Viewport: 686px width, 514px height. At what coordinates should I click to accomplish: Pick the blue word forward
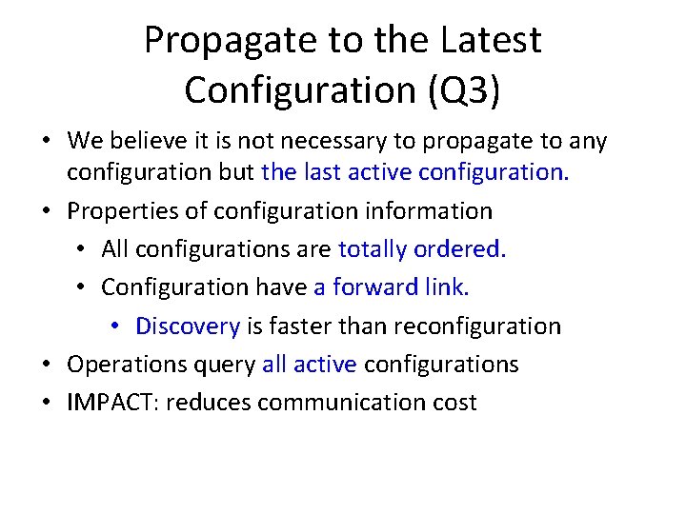point(379,287)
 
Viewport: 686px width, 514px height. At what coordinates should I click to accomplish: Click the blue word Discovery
point(188,326)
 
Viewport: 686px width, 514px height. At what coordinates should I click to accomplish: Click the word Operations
point(129,365)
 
